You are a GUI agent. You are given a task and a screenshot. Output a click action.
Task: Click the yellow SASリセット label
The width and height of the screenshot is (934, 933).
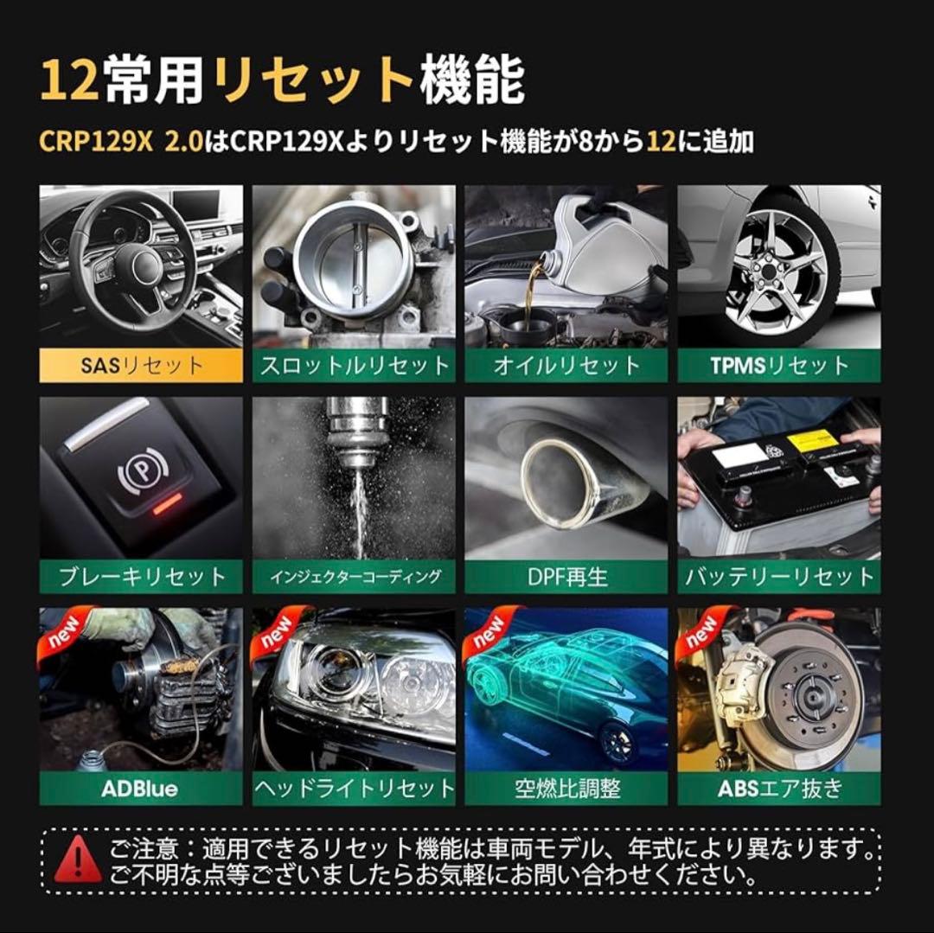(x=141, y=365)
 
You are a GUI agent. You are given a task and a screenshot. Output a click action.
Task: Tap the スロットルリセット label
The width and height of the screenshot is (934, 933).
(x=354, y=365)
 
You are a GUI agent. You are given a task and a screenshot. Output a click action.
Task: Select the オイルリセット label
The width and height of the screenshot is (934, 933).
(x=566, y=365)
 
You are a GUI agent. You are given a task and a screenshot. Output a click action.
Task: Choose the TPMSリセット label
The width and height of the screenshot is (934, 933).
(x=779, y=365)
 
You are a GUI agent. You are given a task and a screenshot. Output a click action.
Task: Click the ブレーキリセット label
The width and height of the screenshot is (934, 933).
(x=141, y=577)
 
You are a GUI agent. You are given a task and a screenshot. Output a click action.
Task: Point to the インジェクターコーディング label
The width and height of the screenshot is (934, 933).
(x=354, y=577)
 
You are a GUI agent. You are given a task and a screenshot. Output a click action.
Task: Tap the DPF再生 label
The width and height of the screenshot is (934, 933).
(x=566, y=577)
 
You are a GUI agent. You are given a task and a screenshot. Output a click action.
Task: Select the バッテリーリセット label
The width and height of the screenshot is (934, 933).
(x=779, y=577)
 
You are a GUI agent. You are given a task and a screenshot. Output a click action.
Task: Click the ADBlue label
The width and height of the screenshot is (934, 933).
(x=141, y=789)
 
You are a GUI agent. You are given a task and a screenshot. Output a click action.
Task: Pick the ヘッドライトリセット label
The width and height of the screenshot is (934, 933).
(x=354, y=789)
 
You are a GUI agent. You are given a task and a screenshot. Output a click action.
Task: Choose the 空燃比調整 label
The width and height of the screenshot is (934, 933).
(x=566, y=789)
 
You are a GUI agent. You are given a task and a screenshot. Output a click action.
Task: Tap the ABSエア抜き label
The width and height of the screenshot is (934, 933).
(x=779, y=789)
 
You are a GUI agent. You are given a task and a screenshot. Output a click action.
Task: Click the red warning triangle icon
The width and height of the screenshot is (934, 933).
(x=77, y=859)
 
